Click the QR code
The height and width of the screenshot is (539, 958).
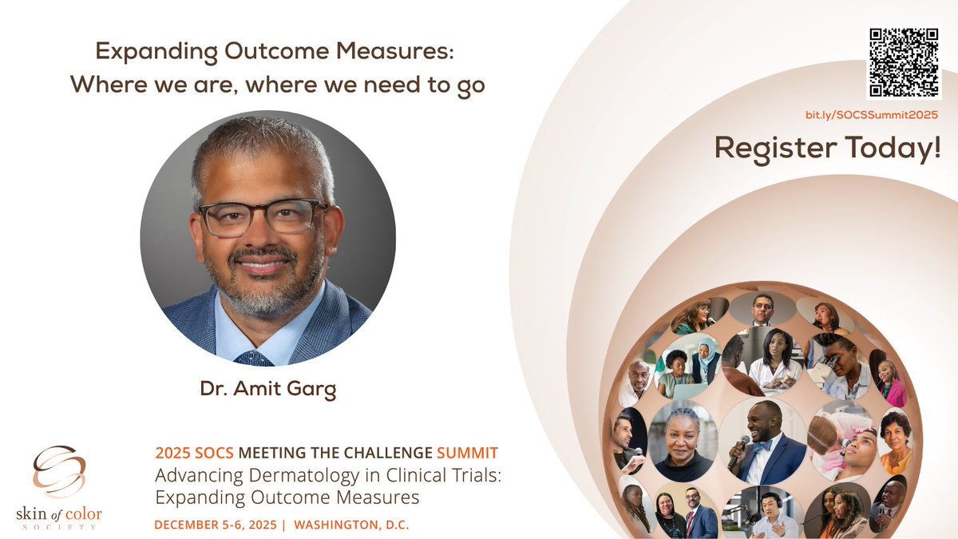tap(902, 62)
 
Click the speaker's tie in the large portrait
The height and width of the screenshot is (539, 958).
tap(254, 359)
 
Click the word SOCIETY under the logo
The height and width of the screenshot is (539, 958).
tap(67, 527)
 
